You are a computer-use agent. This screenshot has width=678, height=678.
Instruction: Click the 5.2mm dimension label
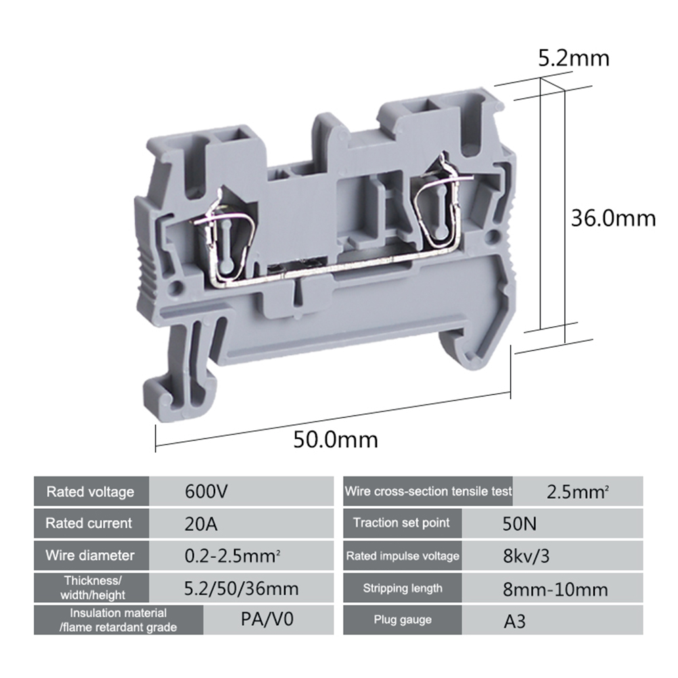pyautogui.click(x=573, y=58)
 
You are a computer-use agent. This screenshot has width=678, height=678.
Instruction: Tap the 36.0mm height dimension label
pyautogui.click(x=613, y=219)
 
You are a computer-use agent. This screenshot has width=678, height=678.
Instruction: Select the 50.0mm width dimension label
pyautogui.click(x=336, y=440)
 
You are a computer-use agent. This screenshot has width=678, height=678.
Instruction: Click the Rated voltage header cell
pyautogui.click(x=91, y=491)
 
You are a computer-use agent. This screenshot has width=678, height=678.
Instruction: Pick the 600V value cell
pyautogui.click(x=242, y=491)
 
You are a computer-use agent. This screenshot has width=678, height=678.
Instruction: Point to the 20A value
pyautogui.click(x=201, y=524)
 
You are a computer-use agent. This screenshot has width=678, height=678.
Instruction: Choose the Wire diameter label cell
pyautogui.click(x=91, y=556)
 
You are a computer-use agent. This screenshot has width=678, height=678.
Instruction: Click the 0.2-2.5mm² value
pyautogui.click(x=232, y=556)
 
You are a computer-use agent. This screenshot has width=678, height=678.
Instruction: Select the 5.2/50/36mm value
pyautogui.click(x=242, y=589)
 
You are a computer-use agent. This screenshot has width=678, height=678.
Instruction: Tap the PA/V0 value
pyautogui.click(x=267, y=619)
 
